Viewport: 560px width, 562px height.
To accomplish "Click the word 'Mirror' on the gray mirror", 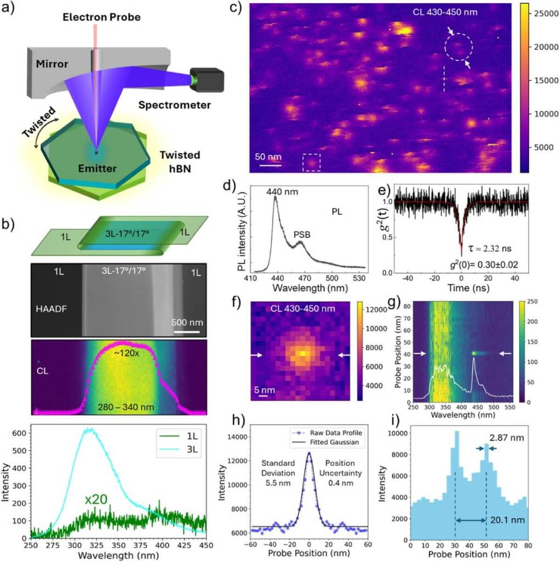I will pyautogui.click(x=53, y=64).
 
